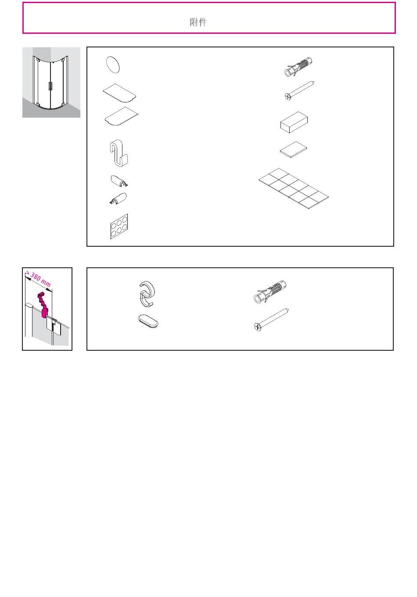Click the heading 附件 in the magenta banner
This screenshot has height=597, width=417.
[198, 22]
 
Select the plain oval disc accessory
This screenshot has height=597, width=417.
[113, 65]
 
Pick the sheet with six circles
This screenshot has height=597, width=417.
[119, 226]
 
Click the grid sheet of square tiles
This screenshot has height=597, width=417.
[293, 188]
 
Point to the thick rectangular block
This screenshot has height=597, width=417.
[294, 122]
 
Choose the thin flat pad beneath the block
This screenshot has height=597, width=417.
[293, 150]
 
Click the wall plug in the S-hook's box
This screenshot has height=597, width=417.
[298, 67]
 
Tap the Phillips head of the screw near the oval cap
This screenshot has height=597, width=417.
[258, 327]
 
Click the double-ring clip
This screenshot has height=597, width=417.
[147, 294]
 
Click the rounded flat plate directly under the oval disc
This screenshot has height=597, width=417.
[120, 93]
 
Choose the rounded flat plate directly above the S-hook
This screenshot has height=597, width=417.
[122, 116]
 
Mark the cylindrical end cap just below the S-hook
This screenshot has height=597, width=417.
[119, 181]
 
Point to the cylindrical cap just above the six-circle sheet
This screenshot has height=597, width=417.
[119, 198]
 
